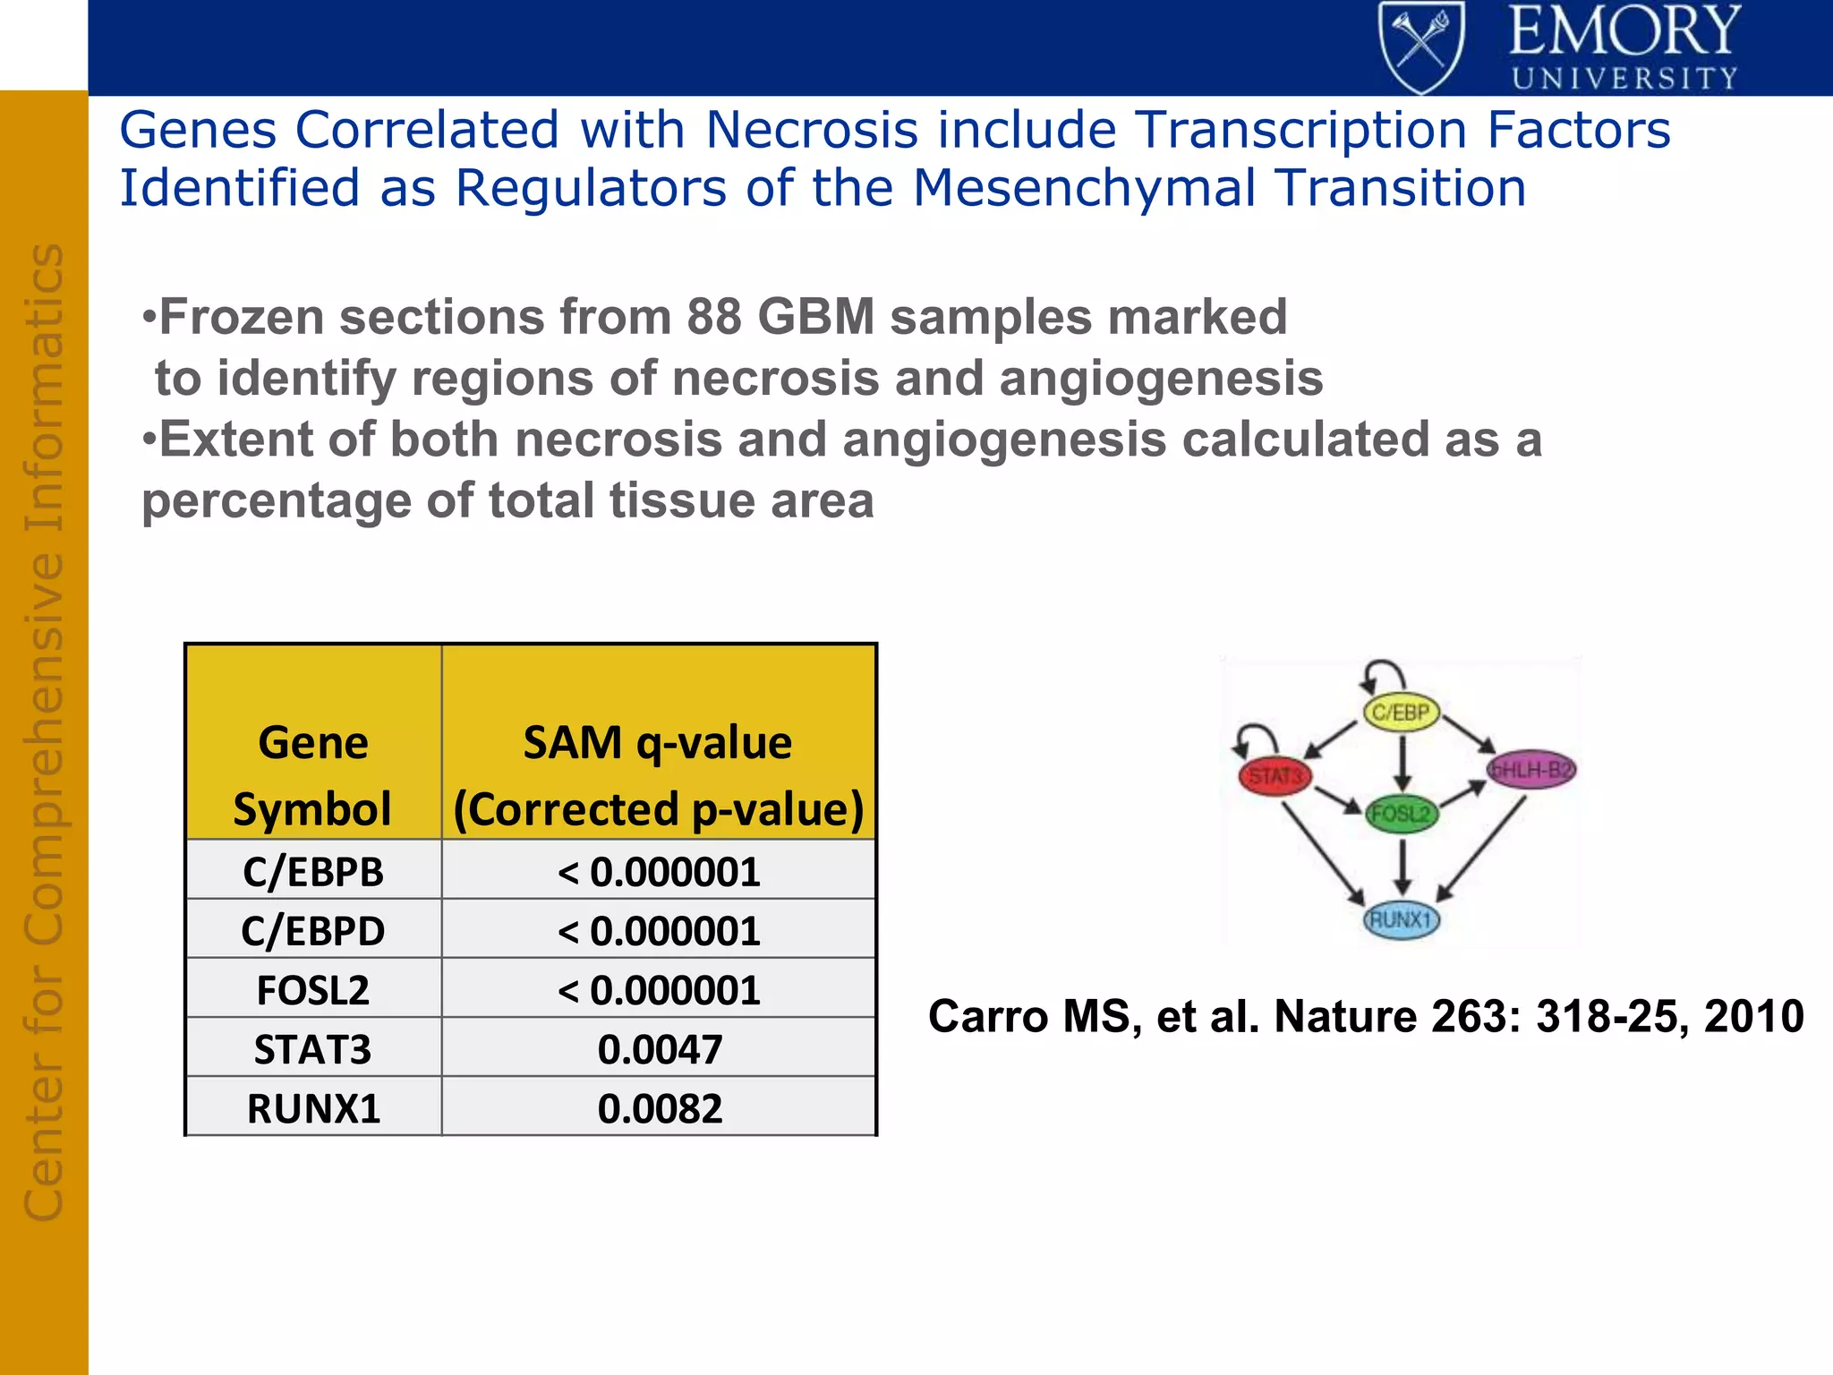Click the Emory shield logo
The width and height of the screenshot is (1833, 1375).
[x=1421, y=47]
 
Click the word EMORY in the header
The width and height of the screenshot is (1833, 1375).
[x=1624, y=32]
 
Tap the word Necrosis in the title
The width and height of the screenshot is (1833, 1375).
[x=812, y=130]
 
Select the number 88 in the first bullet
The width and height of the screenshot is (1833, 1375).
[x=714, y=317]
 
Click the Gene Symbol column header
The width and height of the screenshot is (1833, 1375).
[x=313, y=775]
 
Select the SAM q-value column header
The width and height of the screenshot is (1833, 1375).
[x=658, y=775]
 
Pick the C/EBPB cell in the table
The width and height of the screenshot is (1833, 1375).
[x=313, y=871]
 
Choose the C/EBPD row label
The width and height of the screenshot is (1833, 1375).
[x=313, y=931]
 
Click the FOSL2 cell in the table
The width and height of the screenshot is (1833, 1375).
[x=313, y=990]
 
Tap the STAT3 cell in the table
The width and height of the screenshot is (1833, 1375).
[x=313, y=1049]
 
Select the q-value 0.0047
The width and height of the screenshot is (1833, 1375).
[x=660, y=1049]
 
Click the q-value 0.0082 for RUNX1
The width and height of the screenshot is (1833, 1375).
[x=660, y=1108]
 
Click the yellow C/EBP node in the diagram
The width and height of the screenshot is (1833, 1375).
[x=1401, y=713]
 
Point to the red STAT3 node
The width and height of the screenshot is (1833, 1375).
[x=1275, y=775]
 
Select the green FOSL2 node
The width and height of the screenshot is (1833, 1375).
[x=1402, y=814]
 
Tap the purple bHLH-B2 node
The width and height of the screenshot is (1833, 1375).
[x=1530, y=770]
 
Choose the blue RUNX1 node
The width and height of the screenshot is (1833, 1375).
[x=1402, y=919]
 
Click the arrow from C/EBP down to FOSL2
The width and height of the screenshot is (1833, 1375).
[x=1402, y=763]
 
